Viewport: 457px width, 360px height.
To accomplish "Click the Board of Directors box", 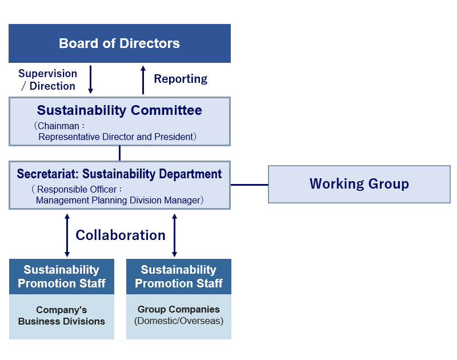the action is (x=119, y=43).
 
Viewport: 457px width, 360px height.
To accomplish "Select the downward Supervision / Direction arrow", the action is (x=90, y=79).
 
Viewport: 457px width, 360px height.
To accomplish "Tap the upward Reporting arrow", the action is (x=143, y=80).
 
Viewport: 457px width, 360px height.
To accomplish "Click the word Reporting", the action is (x=181, y=79).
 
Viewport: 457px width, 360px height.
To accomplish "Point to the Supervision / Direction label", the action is (x=48, y=79).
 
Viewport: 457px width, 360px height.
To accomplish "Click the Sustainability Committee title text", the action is (x=119, y=110).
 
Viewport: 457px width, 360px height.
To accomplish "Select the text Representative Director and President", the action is (x=116, y=137).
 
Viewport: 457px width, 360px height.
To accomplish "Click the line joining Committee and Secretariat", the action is (x=119, y=153).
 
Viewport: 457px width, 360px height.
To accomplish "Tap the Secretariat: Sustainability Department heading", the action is (x=119, y=174).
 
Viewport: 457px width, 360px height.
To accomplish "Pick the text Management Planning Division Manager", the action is (x=118, y=200).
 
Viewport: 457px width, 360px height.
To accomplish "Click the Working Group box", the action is (x=359, y=184).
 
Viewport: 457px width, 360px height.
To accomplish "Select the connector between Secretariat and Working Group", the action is (x=249, y=185).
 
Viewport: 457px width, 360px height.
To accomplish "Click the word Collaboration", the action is (x=121, y=235).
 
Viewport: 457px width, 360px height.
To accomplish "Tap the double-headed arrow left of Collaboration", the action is (x=67, y=235).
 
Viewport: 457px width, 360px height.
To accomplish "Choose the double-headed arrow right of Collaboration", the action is (x=174, y=235).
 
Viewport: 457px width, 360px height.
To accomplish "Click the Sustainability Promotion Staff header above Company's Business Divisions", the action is (x=62, y=277).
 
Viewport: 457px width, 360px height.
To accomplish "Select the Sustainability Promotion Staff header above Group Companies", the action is (x=179, y=277).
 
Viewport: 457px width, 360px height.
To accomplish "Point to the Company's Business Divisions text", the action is (x=62, y=315).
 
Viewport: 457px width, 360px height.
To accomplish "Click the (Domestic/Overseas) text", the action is (x=179, y=321).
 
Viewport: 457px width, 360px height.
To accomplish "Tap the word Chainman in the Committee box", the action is (x=58, y=126).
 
